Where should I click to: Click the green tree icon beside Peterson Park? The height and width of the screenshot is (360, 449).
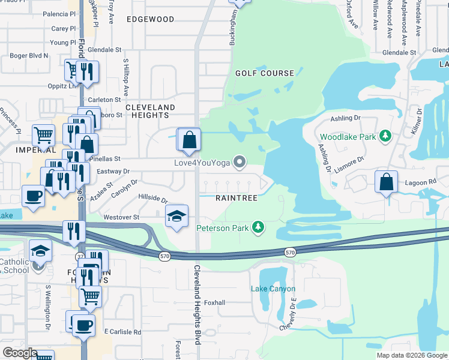pos(258,227)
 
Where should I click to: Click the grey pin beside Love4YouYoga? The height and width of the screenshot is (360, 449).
pos(240,161)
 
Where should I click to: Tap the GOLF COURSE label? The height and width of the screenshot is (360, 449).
pos(265,73)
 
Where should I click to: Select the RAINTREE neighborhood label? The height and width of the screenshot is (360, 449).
pos(237,198)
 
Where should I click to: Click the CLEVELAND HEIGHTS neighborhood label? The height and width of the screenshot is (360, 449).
pos(150,111)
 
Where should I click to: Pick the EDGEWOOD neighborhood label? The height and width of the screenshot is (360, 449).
pos(151,19)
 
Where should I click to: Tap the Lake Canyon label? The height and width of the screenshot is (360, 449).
pos(273,289)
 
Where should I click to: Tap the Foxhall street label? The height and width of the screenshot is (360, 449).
pos(214,302)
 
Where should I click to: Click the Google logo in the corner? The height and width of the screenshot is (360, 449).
pos(19,352)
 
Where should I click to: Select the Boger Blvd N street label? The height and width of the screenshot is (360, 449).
pos(28,56)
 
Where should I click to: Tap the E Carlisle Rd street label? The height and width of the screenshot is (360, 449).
pos(122,331)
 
